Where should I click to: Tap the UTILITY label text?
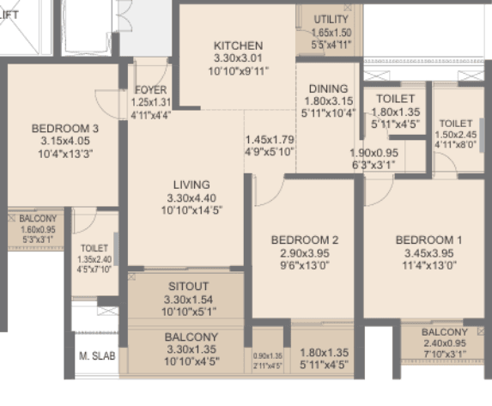click(331, 19)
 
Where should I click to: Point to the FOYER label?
click(151, 89)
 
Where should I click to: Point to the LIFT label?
click(8, 12)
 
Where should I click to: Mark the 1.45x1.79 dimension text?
click(269, 139)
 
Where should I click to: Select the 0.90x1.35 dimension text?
click(267, 356)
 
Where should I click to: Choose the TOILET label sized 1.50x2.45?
click(454, 123)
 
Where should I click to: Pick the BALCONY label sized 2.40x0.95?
click(445, 332)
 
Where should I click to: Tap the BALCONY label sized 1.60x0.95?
click(38, 219)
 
